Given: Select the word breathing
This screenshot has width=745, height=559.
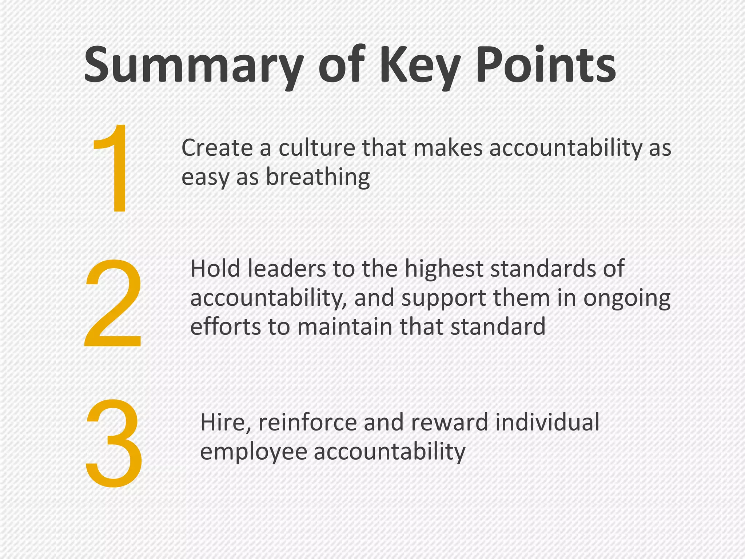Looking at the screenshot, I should (318, 178).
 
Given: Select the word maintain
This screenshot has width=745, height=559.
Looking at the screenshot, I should (346, 326).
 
